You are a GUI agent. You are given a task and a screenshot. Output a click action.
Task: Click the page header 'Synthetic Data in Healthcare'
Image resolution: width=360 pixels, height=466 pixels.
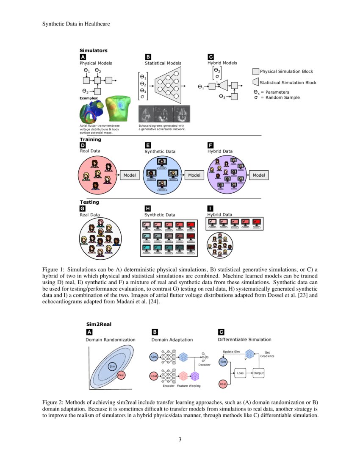[x=76, y=24]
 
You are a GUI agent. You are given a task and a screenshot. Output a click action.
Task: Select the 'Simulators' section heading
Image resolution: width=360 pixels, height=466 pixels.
[x=93, y=50]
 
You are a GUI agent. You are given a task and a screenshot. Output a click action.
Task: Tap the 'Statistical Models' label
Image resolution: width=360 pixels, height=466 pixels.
[x=163, y=63]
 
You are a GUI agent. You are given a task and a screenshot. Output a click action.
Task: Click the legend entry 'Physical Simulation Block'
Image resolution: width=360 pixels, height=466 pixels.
[x=286, y=72]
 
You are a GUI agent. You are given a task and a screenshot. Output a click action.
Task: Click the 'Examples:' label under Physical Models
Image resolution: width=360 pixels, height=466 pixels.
[x=89, y=98]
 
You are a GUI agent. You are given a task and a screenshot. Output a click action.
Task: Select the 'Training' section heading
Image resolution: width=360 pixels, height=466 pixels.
[x=90, y=139]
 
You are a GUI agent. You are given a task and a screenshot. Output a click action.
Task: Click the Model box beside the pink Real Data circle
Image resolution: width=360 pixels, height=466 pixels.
[x=130, y=175]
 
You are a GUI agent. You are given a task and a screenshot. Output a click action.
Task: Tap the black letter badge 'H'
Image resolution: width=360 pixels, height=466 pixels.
[x=148, y=208]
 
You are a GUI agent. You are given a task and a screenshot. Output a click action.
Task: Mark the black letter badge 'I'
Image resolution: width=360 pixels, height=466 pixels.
[x=210, y=208]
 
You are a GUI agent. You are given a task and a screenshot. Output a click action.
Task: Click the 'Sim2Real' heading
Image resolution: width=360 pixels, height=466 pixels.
[x=99, y=325]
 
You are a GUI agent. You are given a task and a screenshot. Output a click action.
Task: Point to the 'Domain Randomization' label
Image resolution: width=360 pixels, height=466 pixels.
[x=111, y=340]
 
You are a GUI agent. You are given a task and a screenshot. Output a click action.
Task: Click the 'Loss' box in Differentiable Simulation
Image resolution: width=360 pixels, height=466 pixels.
[x=240, y=373]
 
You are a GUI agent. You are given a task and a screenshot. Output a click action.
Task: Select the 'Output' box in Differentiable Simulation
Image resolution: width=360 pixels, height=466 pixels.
[x=258, y=373]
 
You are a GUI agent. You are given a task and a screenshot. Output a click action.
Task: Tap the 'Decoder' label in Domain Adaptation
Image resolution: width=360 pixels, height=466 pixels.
[x=205, y=365]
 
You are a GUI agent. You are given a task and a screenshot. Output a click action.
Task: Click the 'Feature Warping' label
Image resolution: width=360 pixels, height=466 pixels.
[x=189, y=386]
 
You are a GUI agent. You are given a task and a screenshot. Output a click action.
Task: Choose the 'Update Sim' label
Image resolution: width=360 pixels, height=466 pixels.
[x=231, y=351]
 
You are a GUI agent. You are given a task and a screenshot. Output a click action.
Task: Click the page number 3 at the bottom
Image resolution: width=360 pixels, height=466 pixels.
[x=180, y=439]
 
